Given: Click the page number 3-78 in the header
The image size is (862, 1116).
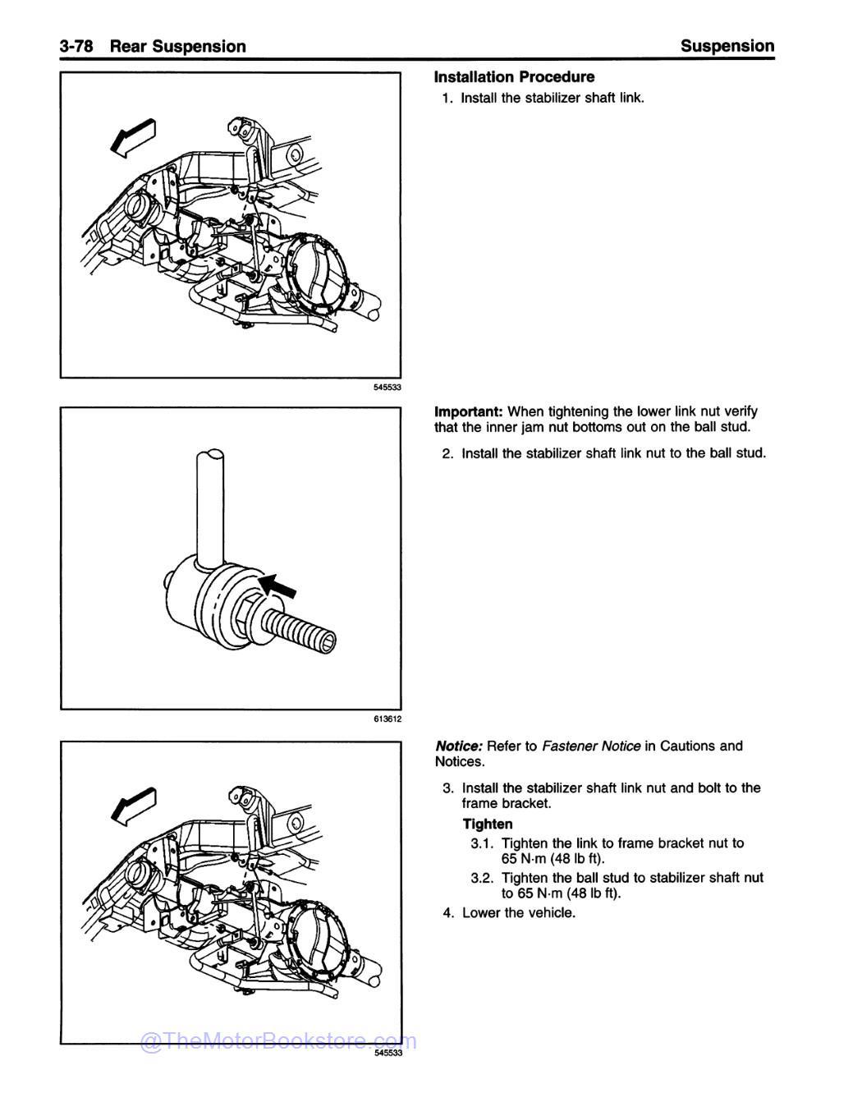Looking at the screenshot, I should click(79, 46).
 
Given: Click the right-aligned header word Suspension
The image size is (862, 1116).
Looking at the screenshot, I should click(727, 46).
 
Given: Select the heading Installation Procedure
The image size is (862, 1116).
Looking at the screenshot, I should click(514, 77).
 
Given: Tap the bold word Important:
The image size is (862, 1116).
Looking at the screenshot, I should click(469, 411).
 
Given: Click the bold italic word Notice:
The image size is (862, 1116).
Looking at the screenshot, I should click(458, 746).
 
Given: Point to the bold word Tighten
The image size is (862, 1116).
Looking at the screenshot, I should click(487, 824).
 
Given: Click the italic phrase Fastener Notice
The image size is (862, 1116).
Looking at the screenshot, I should click(591, 746).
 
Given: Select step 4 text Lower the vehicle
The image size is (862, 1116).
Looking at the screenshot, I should click(519, 913).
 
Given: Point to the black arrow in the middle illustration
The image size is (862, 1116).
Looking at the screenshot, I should click(277, 587).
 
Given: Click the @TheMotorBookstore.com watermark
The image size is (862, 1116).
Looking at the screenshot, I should click(279, 1042).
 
